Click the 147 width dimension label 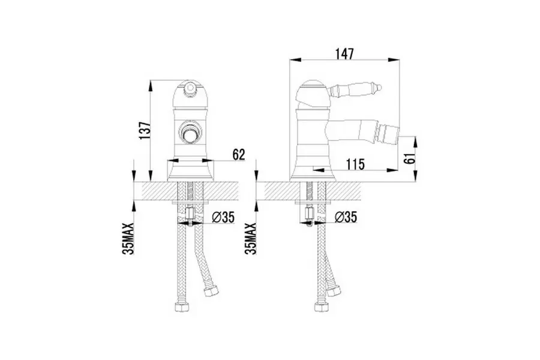[x=344, y=53]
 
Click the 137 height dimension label [x=145, y=131]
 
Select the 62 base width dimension [x=239, y=155]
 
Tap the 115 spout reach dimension [x=355, y=164]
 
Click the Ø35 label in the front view [x=223, y=217]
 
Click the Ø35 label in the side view [x=346, y=217]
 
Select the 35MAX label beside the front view [x=128, y=238]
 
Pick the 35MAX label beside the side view [x=251, y=238]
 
